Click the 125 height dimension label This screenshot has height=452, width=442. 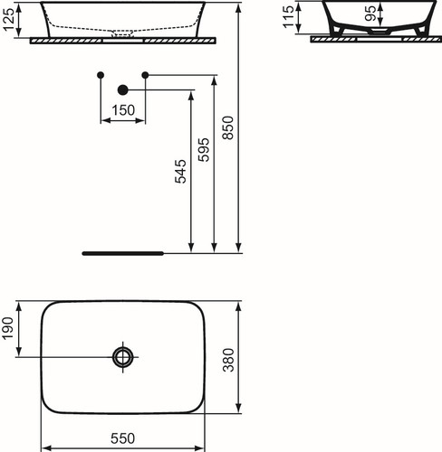(9, 20)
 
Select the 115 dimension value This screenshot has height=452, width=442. (288, 17)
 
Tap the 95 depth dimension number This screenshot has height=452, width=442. (370, 14)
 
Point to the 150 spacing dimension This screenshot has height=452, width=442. (123, 110)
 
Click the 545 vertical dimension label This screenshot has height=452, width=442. (180, 171)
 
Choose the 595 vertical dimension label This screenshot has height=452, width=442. (204, 150)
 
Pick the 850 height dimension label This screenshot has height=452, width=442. (228, 127)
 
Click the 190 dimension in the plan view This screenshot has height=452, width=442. (8, 328)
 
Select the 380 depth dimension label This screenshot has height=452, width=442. (228, 360)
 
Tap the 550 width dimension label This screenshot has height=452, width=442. (122, 438)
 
